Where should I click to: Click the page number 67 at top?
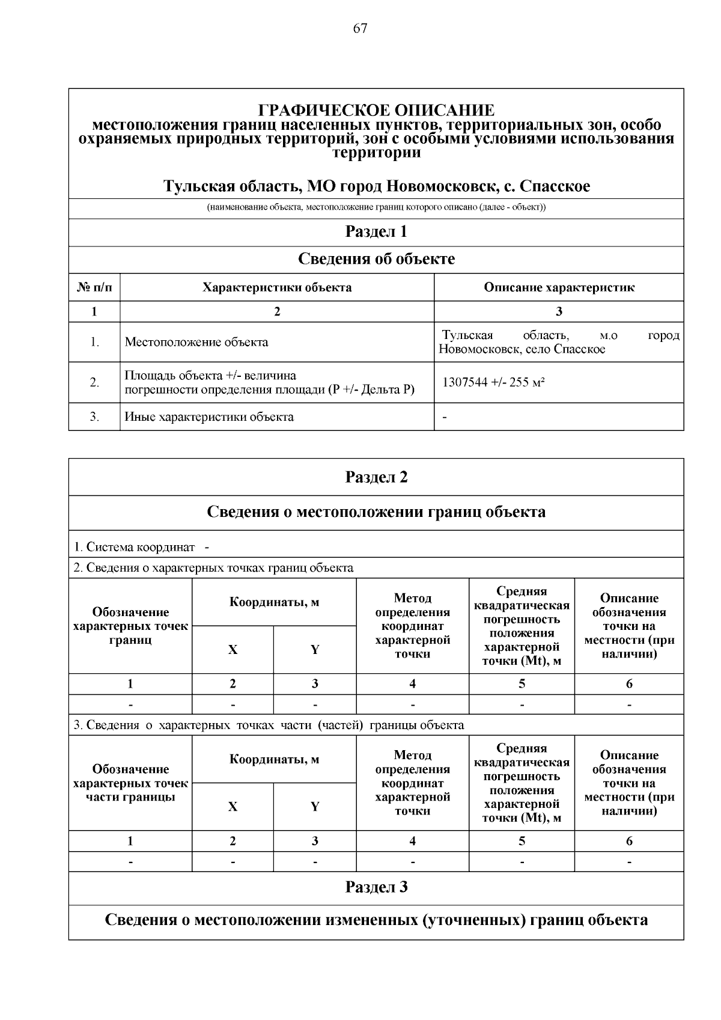click(360, 28)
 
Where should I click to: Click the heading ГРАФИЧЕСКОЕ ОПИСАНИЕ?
click(376, 111)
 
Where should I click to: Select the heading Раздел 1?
click(376, 232)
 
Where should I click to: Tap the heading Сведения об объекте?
click(376, 260)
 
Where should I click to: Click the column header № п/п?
click(94, 287)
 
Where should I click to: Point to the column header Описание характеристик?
click(559, 287)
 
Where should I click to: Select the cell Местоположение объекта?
click(196, 343)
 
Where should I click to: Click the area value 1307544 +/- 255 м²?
click(493, 382)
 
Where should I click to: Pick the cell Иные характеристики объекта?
click(209, 417)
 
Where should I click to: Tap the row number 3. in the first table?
click(94, 417)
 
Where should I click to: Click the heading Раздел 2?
click(376, 477)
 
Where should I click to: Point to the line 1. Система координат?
click(134, 548)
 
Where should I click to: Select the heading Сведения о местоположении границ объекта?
click(376, 512)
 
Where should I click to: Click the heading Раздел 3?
click(376, 888)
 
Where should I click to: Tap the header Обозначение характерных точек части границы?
click(130, 783)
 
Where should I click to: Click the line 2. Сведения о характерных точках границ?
click(213, 568)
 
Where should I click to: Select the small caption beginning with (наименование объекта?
click(376, 208)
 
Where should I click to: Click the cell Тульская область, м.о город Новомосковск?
click(559, 342)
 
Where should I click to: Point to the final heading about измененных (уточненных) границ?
click(376, 920)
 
